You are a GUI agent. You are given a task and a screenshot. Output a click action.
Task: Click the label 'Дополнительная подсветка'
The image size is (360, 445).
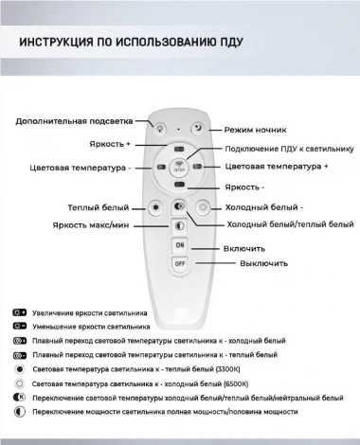click(x=75, y=121)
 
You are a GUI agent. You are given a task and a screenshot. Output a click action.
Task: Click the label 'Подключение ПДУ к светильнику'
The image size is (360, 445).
click(x=289, y=149)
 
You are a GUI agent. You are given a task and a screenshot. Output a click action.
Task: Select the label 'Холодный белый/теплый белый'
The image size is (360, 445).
click(x=290, y=225)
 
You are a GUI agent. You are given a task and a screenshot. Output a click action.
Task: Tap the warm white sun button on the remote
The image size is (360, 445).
click(x=156, y=206)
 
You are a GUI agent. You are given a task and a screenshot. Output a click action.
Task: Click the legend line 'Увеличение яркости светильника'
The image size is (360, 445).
click(x=89, y=311)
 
